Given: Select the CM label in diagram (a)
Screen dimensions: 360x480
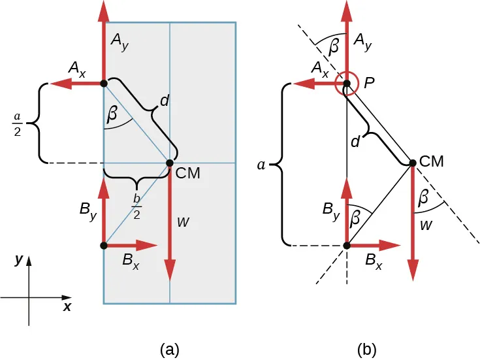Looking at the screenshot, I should (187, 174).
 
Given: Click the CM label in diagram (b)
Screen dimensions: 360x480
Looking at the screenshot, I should (431, 161).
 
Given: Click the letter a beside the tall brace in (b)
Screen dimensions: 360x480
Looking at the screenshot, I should (261, 165).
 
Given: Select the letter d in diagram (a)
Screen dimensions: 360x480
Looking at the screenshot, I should (165, 101).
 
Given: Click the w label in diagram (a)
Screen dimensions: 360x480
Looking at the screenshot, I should (184, 221).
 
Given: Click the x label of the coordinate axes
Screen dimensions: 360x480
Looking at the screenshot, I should (67, 306).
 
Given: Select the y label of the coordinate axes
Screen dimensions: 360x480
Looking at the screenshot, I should (19, 259).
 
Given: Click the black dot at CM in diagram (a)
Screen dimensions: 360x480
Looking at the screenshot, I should (170, 163).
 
